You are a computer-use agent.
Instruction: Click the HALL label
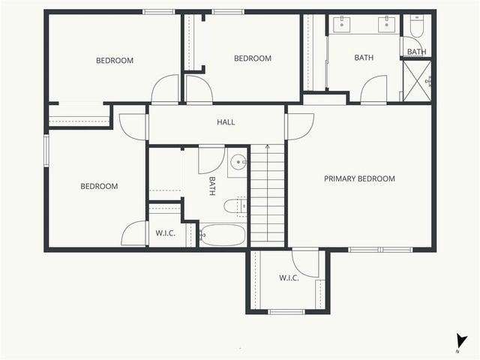226,122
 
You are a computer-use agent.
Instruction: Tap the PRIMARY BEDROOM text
359,178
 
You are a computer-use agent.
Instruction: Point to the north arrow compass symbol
461,342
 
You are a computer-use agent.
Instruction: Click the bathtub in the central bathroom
223,235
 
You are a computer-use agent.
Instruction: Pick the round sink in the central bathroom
238,161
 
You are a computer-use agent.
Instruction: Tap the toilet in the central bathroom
235,205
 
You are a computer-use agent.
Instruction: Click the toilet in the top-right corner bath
417,28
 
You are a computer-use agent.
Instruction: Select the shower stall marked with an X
417,80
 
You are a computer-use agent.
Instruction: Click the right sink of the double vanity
387,23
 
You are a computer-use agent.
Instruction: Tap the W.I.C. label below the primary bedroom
289,278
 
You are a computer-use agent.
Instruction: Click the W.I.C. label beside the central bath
165,233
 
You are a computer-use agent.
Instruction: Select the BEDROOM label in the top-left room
115,61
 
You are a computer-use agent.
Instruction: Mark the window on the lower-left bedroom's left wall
46,148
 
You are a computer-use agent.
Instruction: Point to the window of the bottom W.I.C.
286,311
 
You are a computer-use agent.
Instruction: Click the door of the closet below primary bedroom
306,262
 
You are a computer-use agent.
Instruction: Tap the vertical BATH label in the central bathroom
212,186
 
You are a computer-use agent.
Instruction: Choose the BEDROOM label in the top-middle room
253,58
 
